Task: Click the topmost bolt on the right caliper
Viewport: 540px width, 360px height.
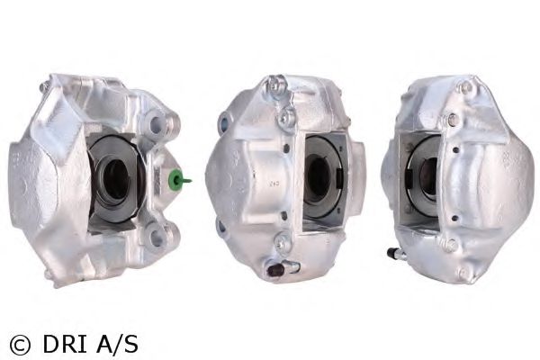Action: click(466, 87)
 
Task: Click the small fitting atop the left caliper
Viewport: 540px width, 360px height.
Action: click(42, 87)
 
